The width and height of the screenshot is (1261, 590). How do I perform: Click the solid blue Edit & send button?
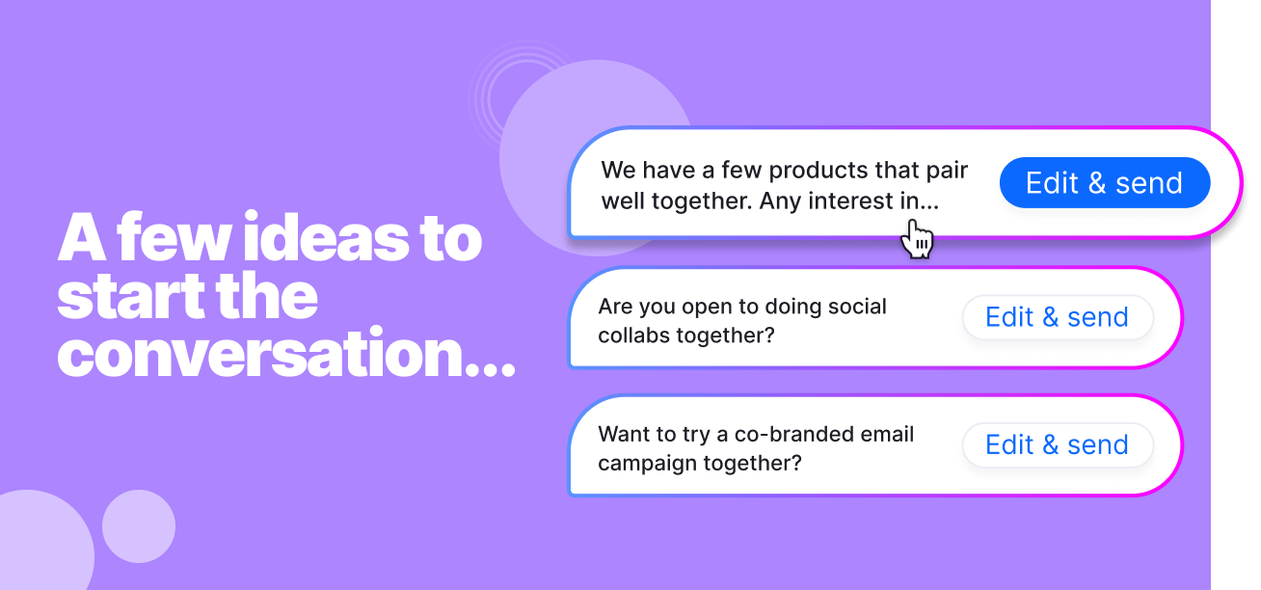(1105, 183)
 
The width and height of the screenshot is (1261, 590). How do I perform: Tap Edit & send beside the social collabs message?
(1058, 317)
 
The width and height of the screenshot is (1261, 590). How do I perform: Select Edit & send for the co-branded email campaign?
(1058, 444)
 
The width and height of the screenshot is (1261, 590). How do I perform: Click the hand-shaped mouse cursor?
(917, 239)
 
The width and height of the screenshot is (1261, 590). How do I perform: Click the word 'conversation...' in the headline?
(286, 353)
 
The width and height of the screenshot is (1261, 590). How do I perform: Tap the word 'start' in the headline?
(131, 296)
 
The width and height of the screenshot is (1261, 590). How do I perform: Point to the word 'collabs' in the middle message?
(634, 335)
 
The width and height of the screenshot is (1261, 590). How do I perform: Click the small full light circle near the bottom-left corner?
(139, 526)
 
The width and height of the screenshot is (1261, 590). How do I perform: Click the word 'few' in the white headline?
(173, 237)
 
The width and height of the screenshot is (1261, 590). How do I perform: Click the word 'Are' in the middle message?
(615, 307)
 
